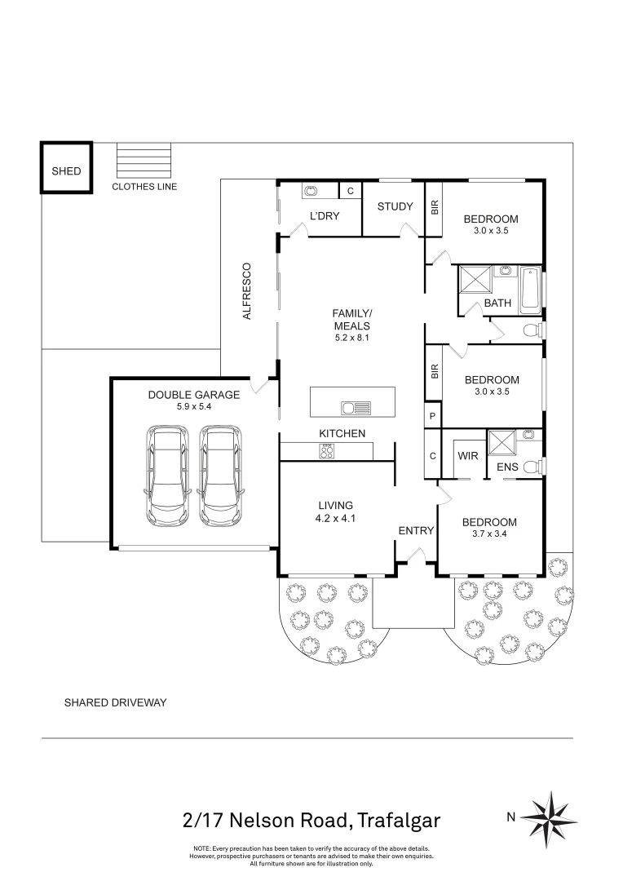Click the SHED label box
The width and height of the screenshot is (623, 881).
[x=66, y=170]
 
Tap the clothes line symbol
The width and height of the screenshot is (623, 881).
[x=145, y=159]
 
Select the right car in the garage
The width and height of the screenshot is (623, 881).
[x=221, y=476]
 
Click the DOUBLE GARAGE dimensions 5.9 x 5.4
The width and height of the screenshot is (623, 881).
[x=193, y=407]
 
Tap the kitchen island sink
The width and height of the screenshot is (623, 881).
[x=356, y=407]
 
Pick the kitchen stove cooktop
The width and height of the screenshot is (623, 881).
[x=327, y=449]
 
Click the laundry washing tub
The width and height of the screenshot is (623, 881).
[x=311, y=192]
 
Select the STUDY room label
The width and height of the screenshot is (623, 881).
[x=395, y=206]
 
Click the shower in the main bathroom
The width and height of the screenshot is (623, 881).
[x=475, y=280]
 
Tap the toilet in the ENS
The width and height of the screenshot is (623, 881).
[x=532, y=467]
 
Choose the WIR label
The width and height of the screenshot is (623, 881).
[x=467, y=455]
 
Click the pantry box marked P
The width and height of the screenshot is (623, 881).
[x=432, y=416]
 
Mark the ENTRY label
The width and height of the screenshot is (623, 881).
[x=416, y=530]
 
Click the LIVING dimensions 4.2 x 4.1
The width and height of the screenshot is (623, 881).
[x=336, y=517]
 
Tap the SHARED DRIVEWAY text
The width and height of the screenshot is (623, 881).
[x=115, y=702]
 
